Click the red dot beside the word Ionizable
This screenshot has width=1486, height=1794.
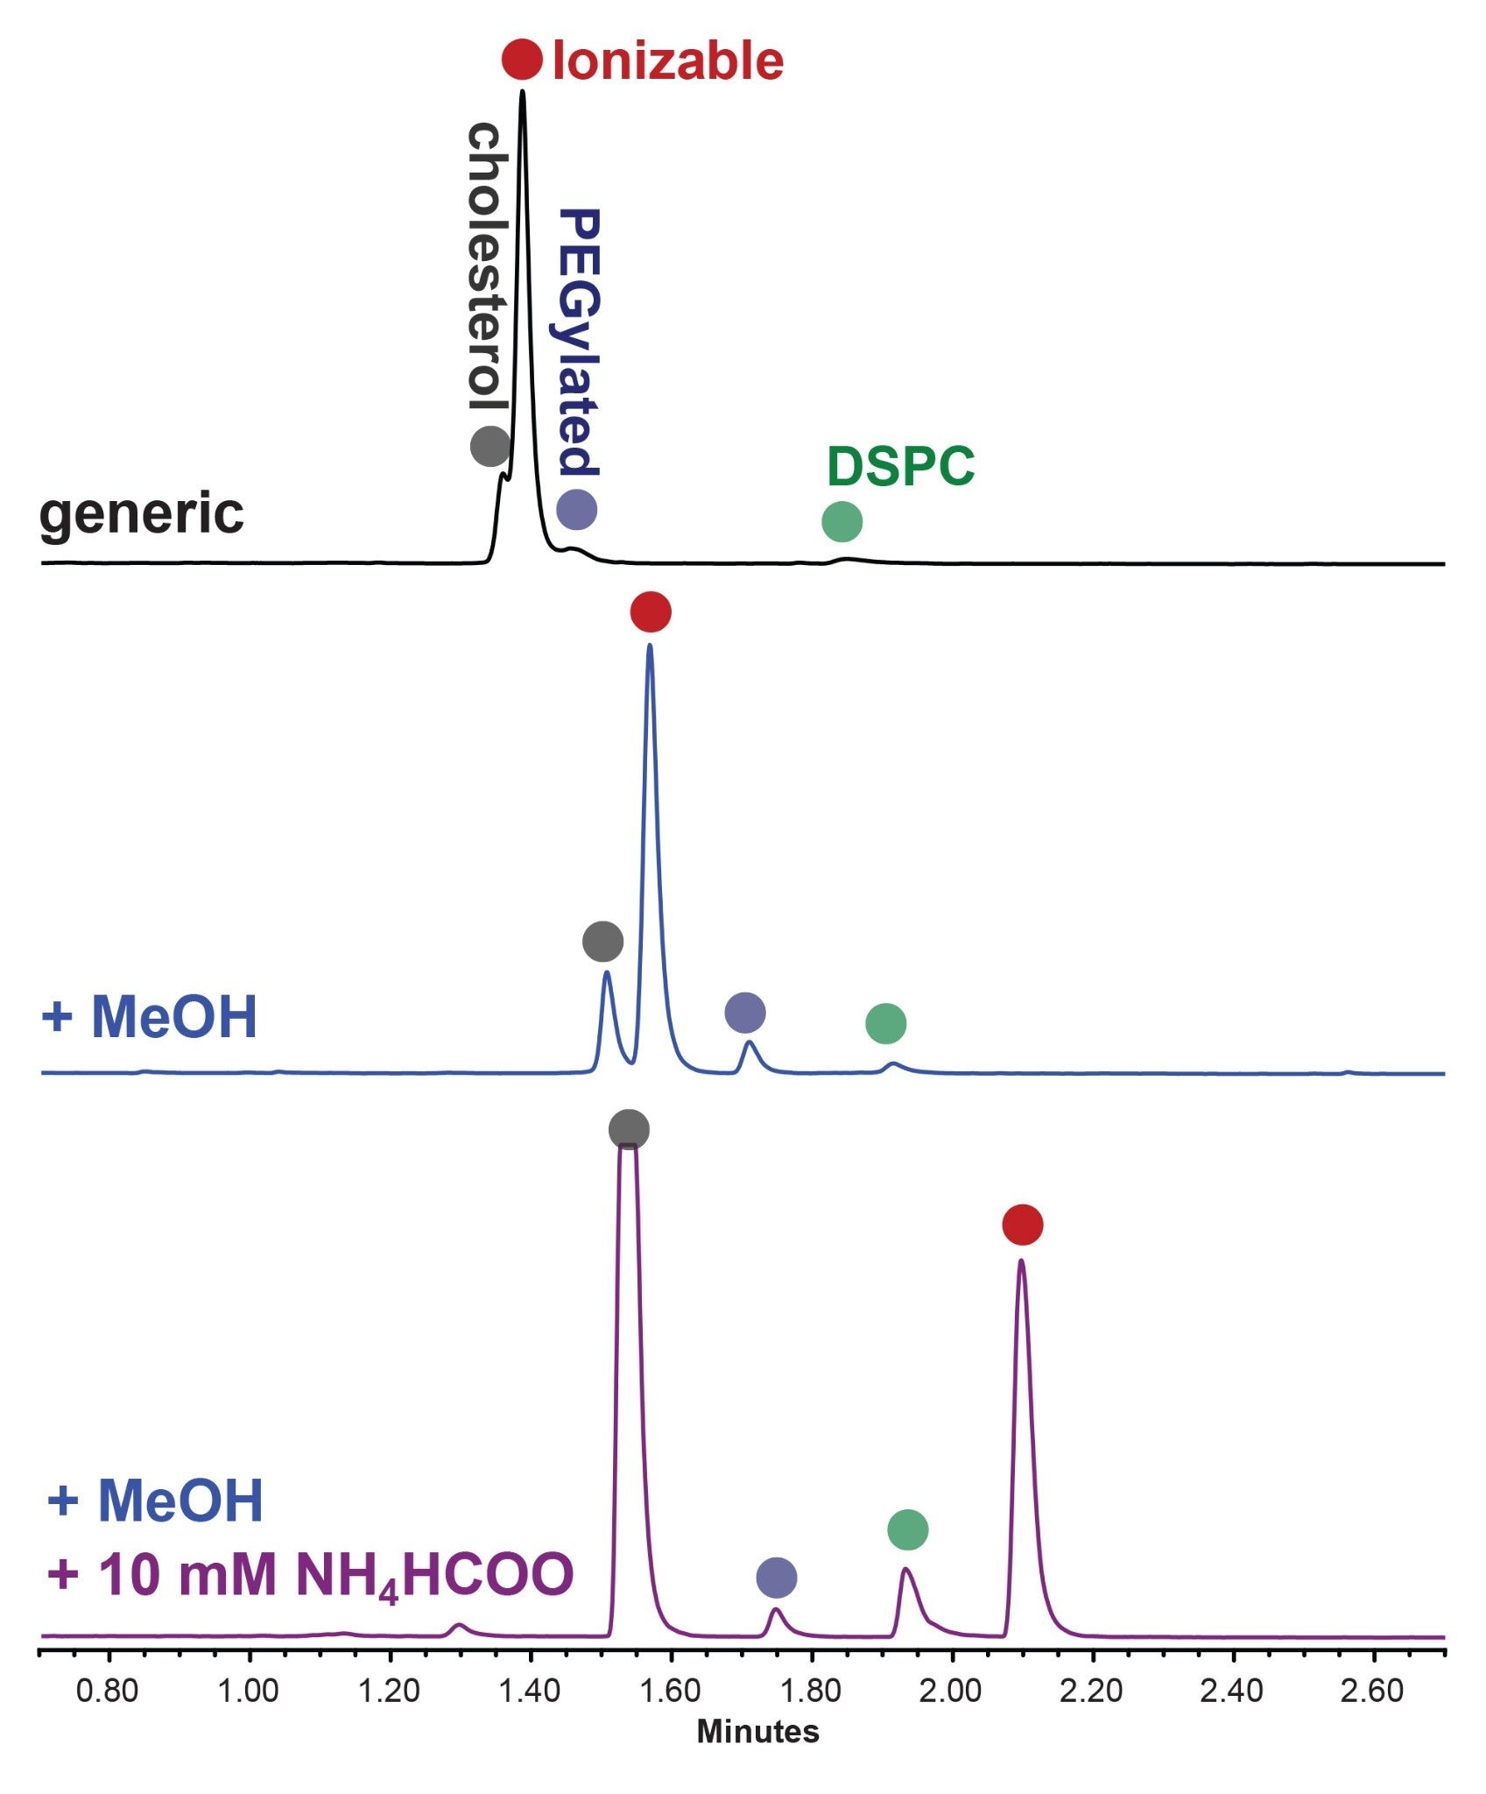pyautogui.click(x=522, y=60)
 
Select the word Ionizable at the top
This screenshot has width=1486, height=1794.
pyautogui.click(x=668, y=61)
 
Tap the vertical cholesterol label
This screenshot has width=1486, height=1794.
pyautogui.click(x=488, y=267)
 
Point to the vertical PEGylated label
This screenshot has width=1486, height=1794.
pyautogui.click(x=578, y=342)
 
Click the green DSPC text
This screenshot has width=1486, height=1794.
pyautogui.click(x=900, y=466)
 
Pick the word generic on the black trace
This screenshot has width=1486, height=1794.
pyautogui.click(x=142, y=514)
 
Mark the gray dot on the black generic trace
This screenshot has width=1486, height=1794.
pyautogui.click(x=490, y=446)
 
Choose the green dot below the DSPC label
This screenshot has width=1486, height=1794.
pyautogui.click(x=842, y=522)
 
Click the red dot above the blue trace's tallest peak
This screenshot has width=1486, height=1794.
pyautogui.click(x=651, y=611)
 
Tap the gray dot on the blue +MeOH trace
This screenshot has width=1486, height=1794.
pyautogui.click(x=603, y=942)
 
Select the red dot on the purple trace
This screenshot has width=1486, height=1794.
pyautogui.click(x=1023, y=1224)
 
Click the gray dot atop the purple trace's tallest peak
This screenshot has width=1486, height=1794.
pyautogui.click(x=630, y=1129)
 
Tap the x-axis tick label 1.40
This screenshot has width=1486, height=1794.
pyautogui.click(x=530, y=1691)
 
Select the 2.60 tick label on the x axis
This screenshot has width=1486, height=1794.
pyautogui.click(x=1372, y=1691)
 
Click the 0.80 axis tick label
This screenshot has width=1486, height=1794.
pyautogui.click(x=108, y=1691)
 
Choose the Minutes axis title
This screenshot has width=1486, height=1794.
pyautogui.click(x=758, y=1732)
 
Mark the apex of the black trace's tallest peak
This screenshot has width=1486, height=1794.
pyautogui.click(x=523, y=90)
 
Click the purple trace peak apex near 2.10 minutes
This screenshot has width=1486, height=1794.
pyautogui.click(x=1021, y=1261)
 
